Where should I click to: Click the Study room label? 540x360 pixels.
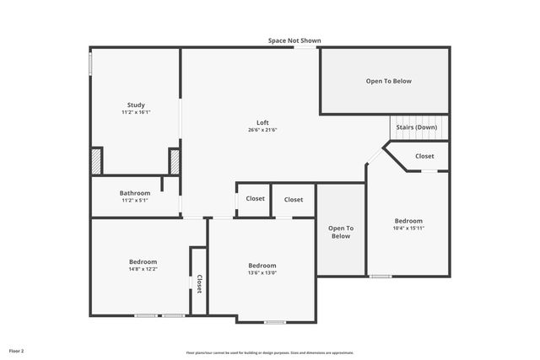point(136,105)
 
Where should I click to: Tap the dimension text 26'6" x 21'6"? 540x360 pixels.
point(262,130)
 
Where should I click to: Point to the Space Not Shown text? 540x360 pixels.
point(294,40)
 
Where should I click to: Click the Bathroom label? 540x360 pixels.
point(134,192)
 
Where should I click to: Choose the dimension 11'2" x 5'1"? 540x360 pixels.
point(134,201)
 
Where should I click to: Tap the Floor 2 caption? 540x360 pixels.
point(17,350)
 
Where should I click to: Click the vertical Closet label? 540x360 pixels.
point(199,283)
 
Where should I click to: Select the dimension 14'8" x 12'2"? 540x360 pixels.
point(143,269)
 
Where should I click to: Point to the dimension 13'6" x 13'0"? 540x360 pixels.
point(262,272)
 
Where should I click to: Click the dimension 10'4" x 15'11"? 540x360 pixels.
point(408,228)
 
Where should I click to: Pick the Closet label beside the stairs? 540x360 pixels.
point(424,156)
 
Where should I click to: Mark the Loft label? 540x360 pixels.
point(262,122)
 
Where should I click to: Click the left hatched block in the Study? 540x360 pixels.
point(96,161)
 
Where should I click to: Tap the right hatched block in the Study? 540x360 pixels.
point(175,161)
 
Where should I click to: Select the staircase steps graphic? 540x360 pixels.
point(418,126)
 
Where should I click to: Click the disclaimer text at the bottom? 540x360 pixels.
point(270,352)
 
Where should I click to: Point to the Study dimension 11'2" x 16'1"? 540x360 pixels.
point(136,112)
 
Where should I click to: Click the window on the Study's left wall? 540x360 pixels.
point(90,64)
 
